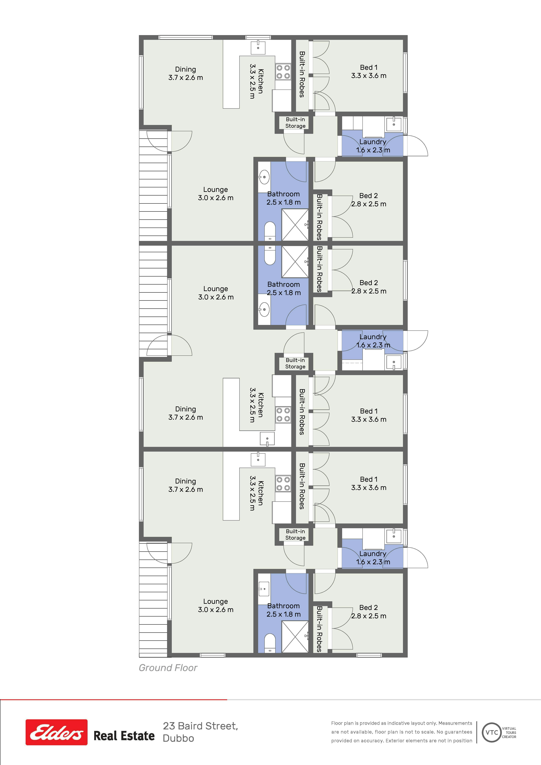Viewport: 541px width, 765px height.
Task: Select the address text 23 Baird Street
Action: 200,726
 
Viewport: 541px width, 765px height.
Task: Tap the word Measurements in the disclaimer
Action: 455,723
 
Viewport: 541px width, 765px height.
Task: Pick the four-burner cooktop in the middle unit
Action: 283,415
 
